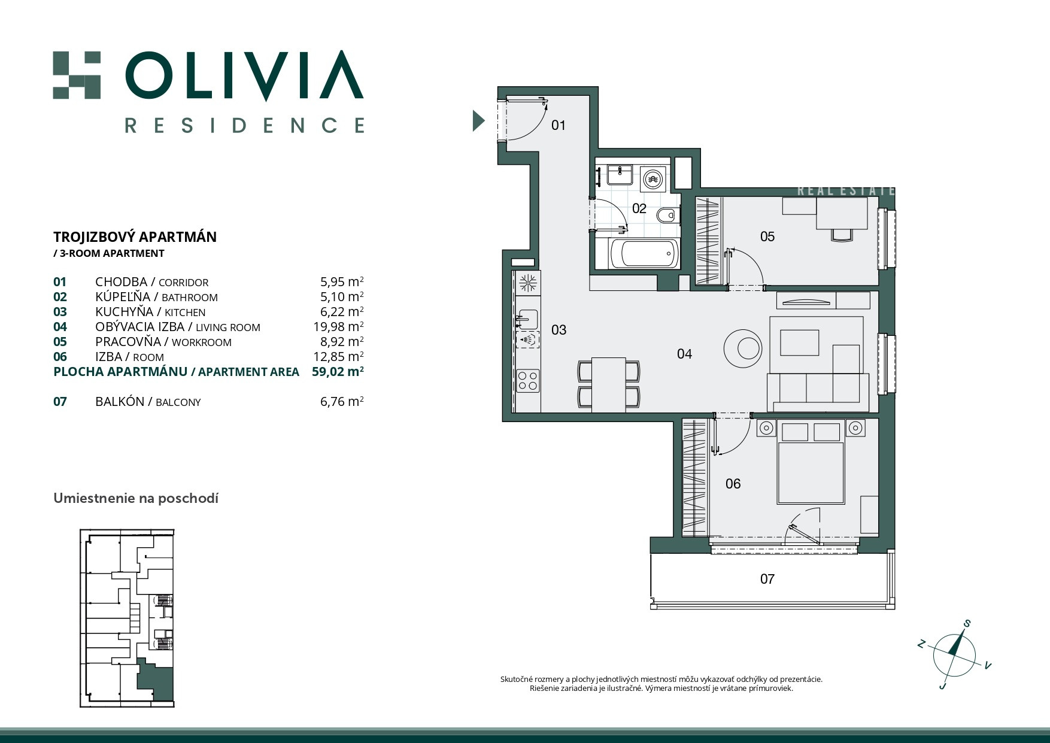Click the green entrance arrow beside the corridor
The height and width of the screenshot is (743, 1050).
pos(478,121)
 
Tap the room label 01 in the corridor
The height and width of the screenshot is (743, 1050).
pos(558,125)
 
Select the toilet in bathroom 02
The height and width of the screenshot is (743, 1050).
pos(666,214)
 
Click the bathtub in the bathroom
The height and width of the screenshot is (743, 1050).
pos(644,254)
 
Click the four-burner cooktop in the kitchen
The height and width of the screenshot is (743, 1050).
pos(528,381)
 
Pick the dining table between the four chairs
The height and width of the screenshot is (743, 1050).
pos(609,385)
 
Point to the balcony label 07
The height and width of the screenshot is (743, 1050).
pos(767,579)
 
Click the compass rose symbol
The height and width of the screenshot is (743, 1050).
pos(954,655)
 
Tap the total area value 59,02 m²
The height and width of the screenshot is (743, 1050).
pos(338,371)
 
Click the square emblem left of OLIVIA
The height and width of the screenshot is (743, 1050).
pos(77,75)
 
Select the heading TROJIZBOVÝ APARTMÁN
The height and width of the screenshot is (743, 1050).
pos(135,236)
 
